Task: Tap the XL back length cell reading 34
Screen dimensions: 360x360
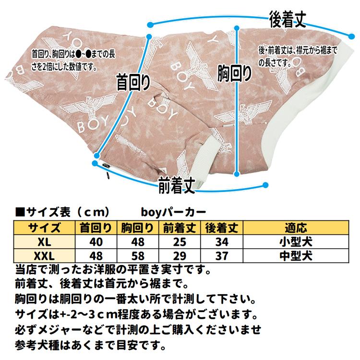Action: [x=223, y=241]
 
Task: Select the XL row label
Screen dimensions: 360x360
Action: [x=45, y=241]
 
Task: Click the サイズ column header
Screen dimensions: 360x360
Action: [x=45, y=228]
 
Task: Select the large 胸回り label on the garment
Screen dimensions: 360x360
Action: [x=234, y=73]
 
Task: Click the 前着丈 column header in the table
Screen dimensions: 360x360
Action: [x=180, y=228]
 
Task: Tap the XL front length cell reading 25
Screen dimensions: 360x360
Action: [x=180, y=241]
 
